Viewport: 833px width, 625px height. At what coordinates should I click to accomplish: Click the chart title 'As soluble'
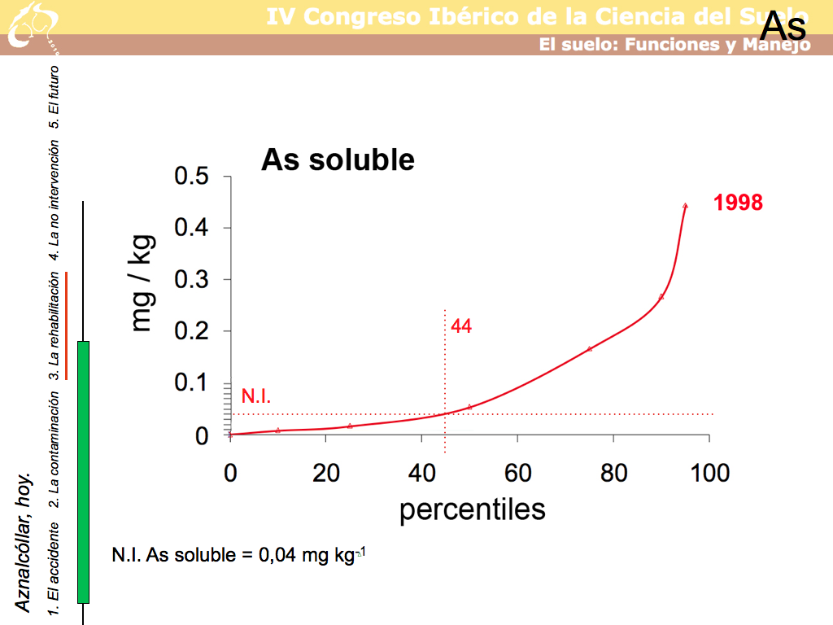tap(338, 160)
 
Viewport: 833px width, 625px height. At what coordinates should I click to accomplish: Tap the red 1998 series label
tap(739, 203)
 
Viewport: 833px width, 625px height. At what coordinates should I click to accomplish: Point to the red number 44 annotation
tap(461, 326)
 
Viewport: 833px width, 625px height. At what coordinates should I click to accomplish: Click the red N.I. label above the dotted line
tap(256, 396)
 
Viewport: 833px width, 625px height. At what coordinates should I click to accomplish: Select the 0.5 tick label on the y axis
tap(192, 177)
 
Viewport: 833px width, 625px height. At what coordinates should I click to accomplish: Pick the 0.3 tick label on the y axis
tap(192, 280)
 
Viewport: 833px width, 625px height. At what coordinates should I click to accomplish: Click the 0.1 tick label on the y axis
tap(192, 383)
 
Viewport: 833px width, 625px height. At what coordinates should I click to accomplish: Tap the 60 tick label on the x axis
tap(517, 472)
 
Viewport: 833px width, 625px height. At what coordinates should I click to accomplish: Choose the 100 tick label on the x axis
tap(709, 472)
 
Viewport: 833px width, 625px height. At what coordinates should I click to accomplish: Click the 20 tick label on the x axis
tap(325, 472)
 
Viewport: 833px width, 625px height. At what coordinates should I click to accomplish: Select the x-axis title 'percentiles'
tap(472, 509)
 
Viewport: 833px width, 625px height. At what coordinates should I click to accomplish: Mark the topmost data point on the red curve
tap(685, 206)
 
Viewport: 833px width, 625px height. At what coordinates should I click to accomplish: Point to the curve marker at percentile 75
tap(590, 348)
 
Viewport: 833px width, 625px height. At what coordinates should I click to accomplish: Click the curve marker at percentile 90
tap(661, 296)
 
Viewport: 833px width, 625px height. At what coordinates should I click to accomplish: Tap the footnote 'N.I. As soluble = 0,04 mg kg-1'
tap(239, 556)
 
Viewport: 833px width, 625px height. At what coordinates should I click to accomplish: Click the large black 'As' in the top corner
tap(783, 27)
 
